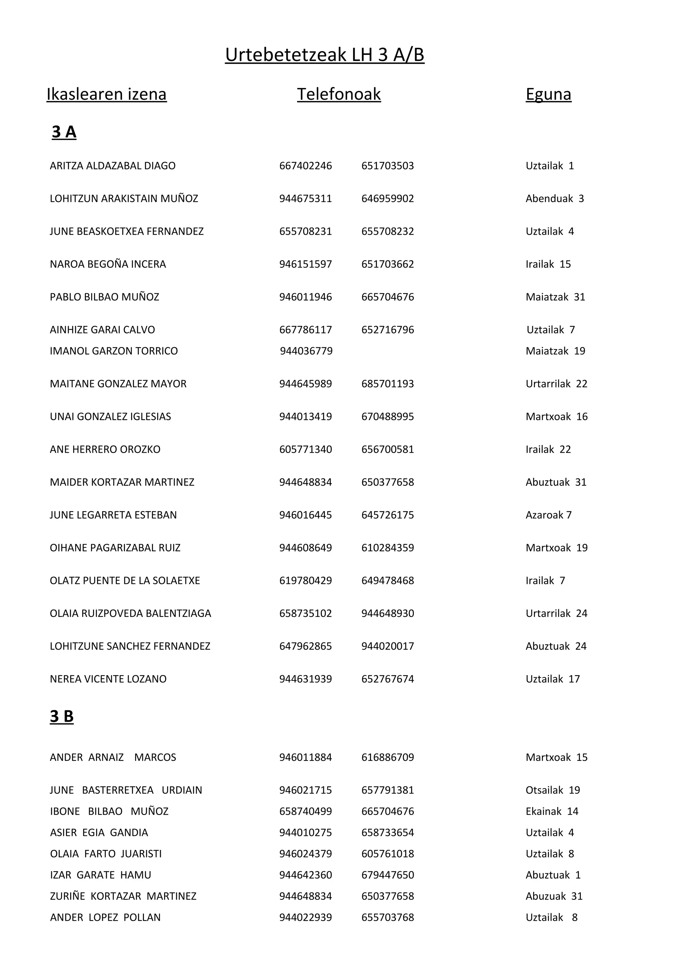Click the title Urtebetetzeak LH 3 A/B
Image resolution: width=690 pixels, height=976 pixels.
coord(324,55)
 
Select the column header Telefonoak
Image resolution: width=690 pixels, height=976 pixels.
coord(339,94)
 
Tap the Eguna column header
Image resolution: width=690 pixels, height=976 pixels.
coord(548,94)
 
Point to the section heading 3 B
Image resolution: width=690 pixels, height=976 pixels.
coord(62,716)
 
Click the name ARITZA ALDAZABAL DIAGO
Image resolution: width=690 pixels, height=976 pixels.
coord(113,166)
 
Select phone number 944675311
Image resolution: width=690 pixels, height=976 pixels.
coord(305,198)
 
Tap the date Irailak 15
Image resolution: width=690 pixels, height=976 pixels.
coord(548,264)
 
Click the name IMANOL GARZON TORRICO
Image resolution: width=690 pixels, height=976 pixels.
coord(114,351)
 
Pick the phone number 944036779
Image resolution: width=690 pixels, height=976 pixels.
coord(306,351)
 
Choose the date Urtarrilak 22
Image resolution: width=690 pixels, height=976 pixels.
coord(556,384)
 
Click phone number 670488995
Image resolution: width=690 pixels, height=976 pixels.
coord(387,417)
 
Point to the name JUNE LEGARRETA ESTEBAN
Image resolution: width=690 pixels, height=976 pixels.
coord(113,515)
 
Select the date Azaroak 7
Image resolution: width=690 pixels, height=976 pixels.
coord(548,515)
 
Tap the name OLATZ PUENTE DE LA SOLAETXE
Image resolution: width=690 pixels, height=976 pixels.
coord(125,581)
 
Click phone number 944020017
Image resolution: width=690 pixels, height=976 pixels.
coord(387,646)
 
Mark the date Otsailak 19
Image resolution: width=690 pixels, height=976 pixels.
coord(553,790)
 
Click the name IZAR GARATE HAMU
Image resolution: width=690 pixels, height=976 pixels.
coord(100,875)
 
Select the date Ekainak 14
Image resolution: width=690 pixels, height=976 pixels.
coord(552,812)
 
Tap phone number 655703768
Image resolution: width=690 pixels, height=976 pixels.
coord(387,918)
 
